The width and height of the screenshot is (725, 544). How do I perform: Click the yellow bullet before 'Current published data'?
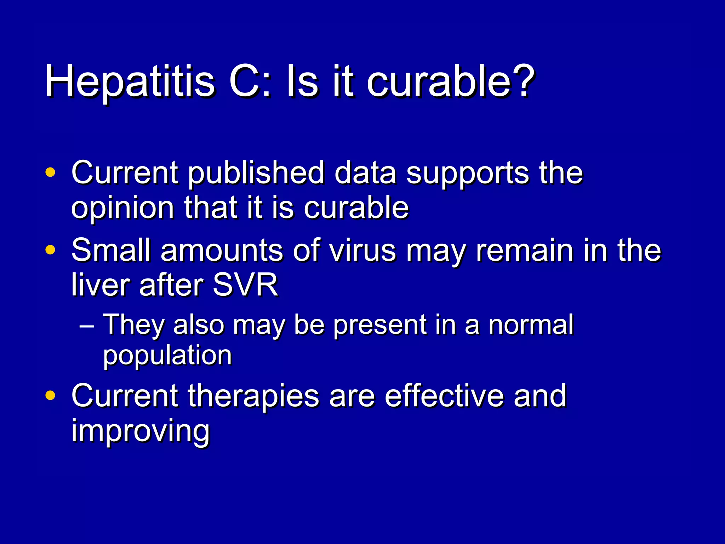tap(51, 172)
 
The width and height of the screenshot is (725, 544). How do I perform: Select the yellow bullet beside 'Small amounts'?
tap(51, 250)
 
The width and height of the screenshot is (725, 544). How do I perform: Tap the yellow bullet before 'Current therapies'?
tap(51, 395)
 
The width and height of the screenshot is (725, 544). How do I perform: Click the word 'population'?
tap(167, 356)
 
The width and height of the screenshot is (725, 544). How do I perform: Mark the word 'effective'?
tap(444, 396)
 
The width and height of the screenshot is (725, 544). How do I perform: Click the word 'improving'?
tap(141, 432)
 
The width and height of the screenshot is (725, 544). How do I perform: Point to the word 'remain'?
tap(524, 250)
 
